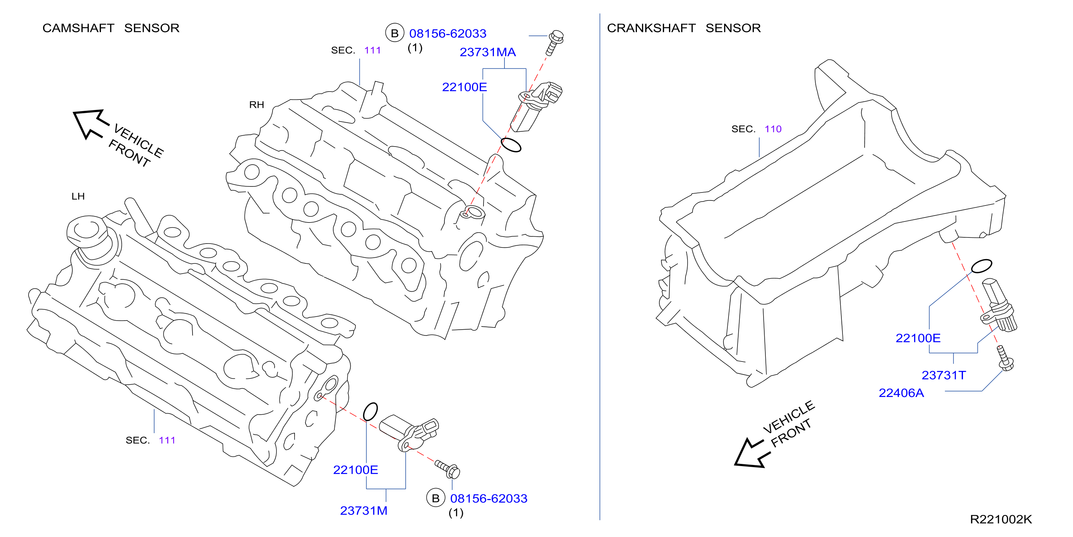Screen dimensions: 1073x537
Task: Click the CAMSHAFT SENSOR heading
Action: tap(111, 28)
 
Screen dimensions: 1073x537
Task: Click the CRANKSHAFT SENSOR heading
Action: tap(684, 28)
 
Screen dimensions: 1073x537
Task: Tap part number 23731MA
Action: tap(488, 52)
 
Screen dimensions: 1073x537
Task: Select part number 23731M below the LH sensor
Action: tap(364, 510)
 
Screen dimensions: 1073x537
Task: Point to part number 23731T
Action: tap(943, 375)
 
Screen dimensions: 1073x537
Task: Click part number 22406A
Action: tap(901, 393)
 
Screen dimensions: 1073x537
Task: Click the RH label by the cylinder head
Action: tap(257, 105)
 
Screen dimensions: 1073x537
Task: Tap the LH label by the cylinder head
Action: tap(78, 196)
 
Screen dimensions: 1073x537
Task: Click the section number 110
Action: tap(773, 129)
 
